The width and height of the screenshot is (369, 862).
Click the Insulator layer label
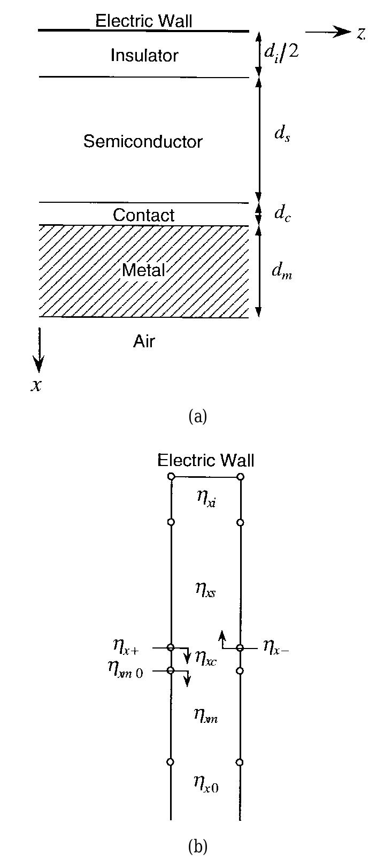click(144, 55)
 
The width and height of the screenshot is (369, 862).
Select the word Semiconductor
click(143, 141)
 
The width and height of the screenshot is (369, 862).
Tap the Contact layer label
click(143, 215)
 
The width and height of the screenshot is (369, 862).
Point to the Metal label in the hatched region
click(143, 270)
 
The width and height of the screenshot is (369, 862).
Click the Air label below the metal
click(144, 341)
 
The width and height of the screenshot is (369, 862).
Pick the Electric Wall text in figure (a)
click(143, 21)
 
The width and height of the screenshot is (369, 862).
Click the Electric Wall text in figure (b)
click(206, 460)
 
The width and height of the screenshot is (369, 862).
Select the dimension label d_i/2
click(281, 52)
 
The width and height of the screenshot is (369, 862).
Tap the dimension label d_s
click(282, 133)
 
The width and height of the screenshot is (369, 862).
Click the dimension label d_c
click(282, 213)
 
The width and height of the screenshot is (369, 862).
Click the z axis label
click(361, 33)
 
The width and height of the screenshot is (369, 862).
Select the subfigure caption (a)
click(197, 416)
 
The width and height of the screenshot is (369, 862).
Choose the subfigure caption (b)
click(197, 847)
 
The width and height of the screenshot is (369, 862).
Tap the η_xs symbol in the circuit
click(205, 589)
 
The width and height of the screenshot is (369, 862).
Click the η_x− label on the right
click(276, 647)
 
